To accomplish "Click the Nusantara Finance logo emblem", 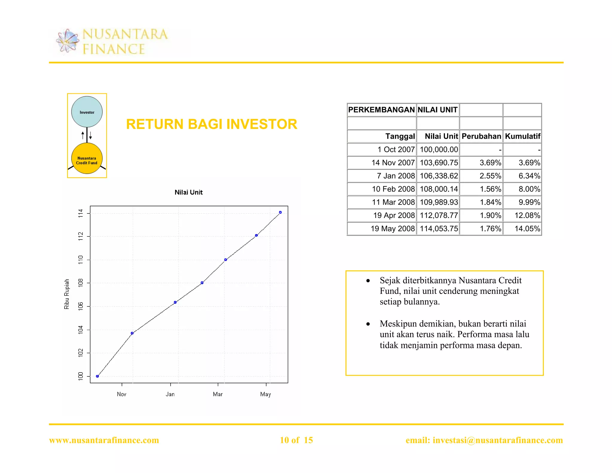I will [x=68, y=41].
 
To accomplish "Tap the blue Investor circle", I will [x=87, y=112].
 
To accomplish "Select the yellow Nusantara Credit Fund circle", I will [x=87, y=159].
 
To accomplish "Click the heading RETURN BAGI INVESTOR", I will [x=212, y=124].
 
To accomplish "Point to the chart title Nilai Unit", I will [x=189, y=192].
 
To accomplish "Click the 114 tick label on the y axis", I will [x=80, y=213].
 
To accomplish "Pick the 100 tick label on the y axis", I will [x=80, y=376].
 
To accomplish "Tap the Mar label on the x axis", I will [x=218, y=394].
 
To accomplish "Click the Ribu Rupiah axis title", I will [x=67, y=294].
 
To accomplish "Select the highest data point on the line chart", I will [x=280, y=212].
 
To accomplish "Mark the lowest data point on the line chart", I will [x=97, y=376].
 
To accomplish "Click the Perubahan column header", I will [x=481, y=136].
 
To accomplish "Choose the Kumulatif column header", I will [x=522, y=136].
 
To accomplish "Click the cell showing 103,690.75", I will [x=439, y=163].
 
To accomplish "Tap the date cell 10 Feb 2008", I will [x=393, y=189].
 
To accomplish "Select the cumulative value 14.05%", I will [x=527, y=229].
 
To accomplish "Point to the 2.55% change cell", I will [x=490, y=176].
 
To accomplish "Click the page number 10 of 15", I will [x=296, y=440].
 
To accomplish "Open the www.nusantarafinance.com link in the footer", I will [x=104, y=440].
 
